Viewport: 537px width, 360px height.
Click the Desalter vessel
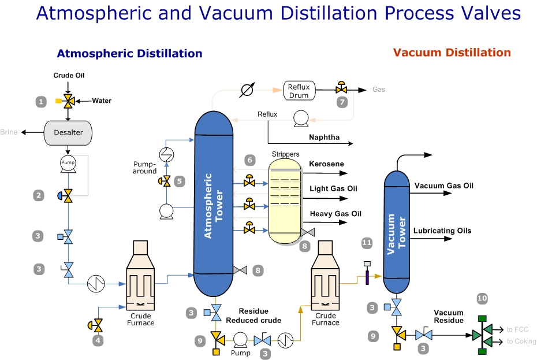68,132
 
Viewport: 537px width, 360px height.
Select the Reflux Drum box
299,91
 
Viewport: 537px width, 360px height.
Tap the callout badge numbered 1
40,102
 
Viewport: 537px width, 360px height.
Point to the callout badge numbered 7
342,102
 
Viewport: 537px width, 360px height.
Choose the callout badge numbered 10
482,298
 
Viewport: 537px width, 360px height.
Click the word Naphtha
324,138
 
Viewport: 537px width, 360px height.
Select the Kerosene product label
326,164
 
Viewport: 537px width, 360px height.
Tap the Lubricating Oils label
442,231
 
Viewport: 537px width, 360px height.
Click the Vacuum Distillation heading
452,53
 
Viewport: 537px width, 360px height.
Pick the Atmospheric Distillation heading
129,54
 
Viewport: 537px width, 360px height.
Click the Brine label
9,132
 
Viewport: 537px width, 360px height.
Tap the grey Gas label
378,90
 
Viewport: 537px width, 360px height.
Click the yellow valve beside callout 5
166,181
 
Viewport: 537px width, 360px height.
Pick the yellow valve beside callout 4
97,323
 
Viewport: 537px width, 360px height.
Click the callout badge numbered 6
249,159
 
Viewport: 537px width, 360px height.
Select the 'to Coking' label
521,342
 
